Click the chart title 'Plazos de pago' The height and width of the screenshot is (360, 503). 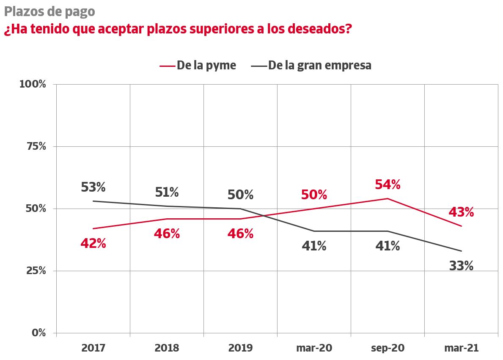(49, 11)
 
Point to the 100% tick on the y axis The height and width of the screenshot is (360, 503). (33, 84)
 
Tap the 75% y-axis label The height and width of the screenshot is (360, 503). (35, 146)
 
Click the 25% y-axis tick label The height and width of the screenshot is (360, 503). (35, 271)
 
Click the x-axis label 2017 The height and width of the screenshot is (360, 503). (93, 348)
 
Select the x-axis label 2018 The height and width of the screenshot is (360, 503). (167, 348)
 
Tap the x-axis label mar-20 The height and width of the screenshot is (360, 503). (314, 348)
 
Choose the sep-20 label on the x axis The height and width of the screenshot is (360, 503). (388, 348)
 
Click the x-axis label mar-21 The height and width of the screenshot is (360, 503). (461, 348)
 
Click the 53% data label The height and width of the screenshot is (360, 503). (93, 187)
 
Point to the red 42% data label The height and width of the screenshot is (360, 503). (93, 244)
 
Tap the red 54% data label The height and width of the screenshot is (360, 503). (388, 184)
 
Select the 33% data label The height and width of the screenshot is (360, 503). (461, 266)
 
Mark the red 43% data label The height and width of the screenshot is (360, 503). (461, 212)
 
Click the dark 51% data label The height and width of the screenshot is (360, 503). (167, 192)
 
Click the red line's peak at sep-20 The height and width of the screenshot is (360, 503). (388, 198)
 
